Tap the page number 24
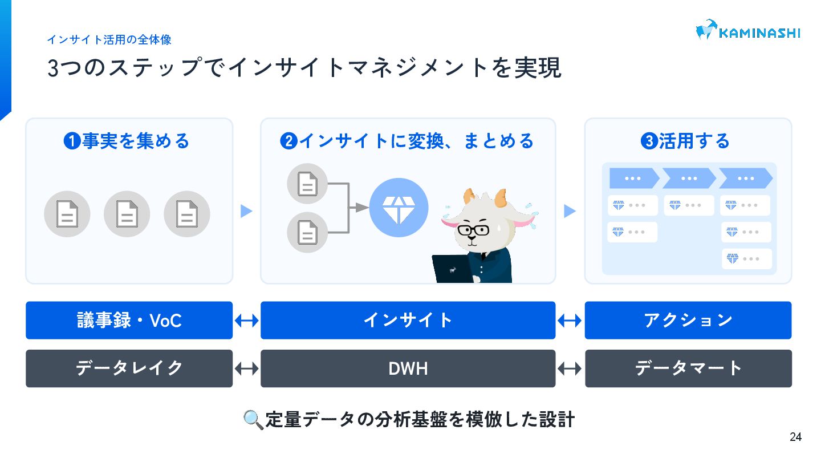[x=795, y=437]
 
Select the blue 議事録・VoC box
[x=129, y=321]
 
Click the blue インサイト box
[x=408, y=321]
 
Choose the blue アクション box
[x=688, y=321]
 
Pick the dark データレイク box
[x=129, y=368]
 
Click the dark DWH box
[x=408, y=368]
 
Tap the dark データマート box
[x=688, y=368]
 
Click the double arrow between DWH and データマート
[x=570, y=368]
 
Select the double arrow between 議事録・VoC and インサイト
[x=246, y=321]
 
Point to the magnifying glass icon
[x=253, y=420]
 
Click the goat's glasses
[x=473, y=231]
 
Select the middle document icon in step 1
[x=127, y=214]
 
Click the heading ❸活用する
[x=685, y=141]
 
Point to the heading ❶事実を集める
[x=127, y=141]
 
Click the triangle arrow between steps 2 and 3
[x=570, y=211]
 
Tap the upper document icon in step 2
[x=307, y=184]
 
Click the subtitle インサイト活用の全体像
[x=109, y=40]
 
